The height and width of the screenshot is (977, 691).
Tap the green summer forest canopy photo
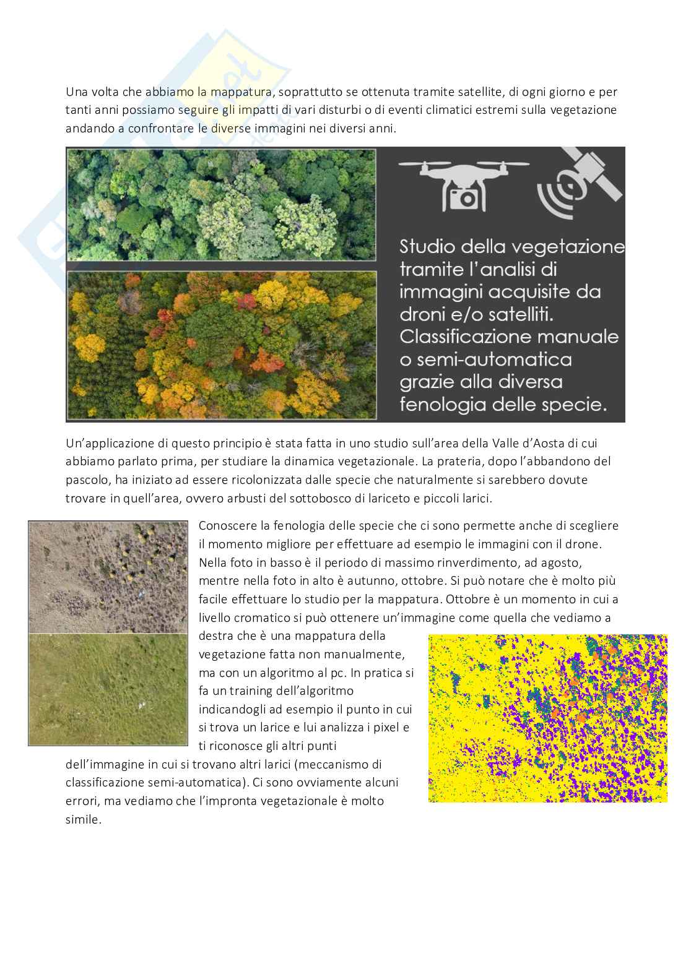[x=221, y=204]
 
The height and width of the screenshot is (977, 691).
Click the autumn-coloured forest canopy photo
[x=221, y=344]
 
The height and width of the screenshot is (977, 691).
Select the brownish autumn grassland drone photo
[x=108, y=577]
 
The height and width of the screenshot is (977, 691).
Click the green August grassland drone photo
[x=108, y=688]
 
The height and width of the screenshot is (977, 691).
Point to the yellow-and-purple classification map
[x=547, y=718]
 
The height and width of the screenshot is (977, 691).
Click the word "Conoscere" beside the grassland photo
[x=228, y=526]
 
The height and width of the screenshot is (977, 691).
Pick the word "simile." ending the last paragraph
[x=83, y=819]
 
